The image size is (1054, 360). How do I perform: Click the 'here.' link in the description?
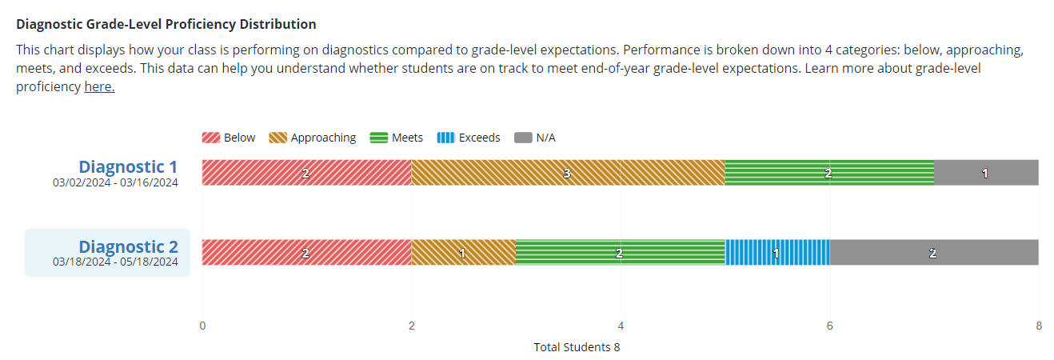pos(99,87)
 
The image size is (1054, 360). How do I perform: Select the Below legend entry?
pos(229,138)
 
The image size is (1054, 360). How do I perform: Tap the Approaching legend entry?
pos(313,138)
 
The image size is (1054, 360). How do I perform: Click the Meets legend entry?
pos(397,138)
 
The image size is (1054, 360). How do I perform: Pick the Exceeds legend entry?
pos(469,138)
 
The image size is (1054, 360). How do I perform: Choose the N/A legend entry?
pos(535,138)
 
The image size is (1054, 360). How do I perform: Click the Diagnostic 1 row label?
pos(128,166)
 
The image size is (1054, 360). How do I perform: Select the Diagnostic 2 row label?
pos(128,246)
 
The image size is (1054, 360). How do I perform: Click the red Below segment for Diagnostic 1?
pos(306,173)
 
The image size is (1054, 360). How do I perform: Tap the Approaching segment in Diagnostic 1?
pos(568,173)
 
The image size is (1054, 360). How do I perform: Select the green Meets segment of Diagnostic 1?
pos(828,173)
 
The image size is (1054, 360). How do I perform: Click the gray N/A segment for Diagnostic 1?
pos(985,173)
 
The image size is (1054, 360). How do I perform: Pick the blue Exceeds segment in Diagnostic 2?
pos(777,252)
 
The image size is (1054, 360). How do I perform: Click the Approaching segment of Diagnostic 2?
pos(463,252)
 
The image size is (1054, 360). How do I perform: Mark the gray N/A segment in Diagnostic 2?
pos(933,252)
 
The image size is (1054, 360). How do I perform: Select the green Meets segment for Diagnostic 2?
pos(620,252)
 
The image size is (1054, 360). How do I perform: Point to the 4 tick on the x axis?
pos(621,326)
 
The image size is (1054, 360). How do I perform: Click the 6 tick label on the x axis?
pos(829,326)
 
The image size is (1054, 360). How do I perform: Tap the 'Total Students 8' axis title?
pos(577,347)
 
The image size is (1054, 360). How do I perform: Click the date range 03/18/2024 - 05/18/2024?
pos(116,262)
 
